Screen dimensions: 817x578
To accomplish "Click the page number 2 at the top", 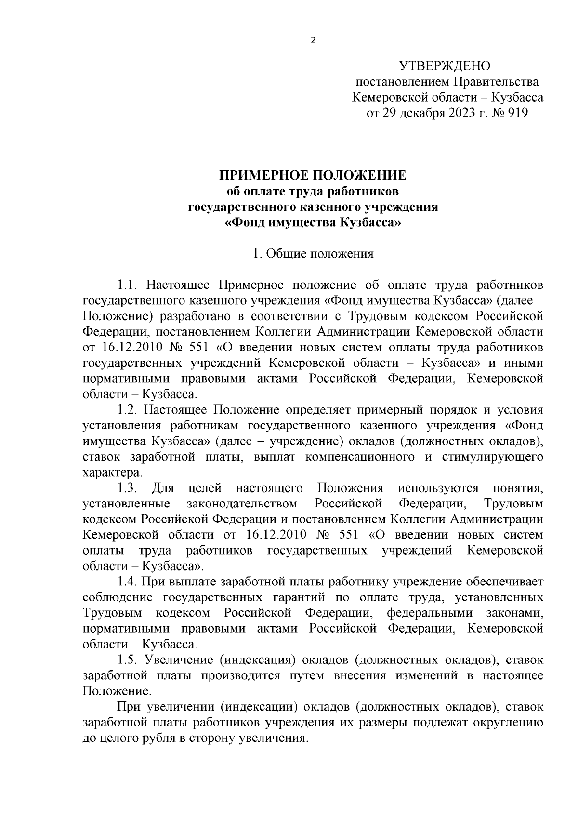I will (x=313, y=40).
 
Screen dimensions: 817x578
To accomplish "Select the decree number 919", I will (x=516, y=113).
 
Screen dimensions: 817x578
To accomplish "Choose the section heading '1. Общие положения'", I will (x=313, y=254).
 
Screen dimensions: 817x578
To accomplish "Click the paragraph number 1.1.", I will (x=128, y=285).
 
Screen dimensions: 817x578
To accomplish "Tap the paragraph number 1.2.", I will (x=128, y=410).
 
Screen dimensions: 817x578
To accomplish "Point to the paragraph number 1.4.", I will (x=128, y=582).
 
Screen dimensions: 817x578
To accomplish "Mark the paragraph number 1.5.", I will (x=128, y=660).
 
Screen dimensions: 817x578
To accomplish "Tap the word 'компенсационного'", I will (x=360, y=456).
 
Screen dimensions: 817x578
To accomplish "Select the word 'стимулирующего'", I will (x=492, y=456).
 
